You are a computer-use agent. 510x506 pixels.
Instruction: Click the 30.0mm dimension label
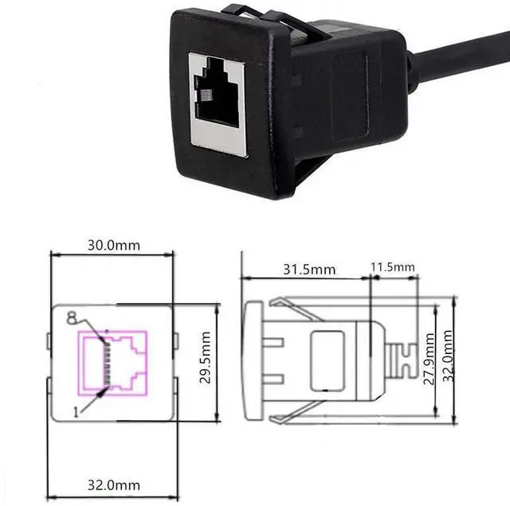click(112, 245)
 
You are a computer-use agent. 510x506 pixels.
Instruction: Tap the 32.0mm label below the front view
click(112, 485)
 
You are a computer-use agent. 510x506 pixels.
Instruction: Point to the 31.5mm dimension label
click(308, 269)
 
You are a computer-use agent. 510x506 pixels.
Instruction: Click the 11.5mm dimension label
click(393, 266)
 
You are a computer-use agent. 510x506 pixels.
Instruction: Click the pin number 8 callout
click(72, 318)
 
